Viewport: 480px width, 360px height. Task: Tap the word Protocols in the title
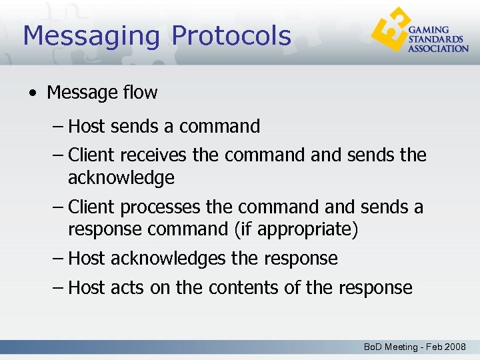(x=231, y=36)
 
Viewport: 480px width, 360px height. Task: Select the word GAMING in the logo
(x=428, y=30)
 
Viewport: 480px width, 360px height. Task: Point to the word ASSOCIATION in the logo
(x=438, y=48)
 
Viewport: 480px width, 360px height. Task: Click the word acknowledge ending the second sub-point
(x=121, y=178)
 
